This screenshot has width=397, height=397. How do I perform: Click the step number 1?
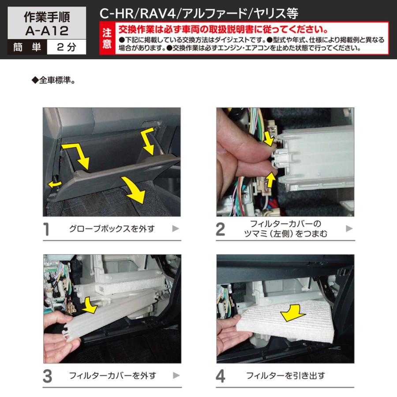click(x=46, y=229)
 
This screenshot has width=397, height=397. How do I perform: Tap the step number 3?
click(x=47, y=376)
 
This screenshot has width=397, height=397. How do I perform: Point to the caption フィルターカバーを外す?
click(x=112, y=376)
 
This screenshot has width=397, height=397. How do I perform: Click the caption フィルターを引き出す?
click(x=285, y=376)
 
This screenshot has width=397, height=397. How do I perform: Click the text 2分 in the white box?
click(x=66, y=48)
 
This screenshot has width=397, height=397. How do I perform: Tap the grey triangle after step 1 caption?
click(x=175, y=228)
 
